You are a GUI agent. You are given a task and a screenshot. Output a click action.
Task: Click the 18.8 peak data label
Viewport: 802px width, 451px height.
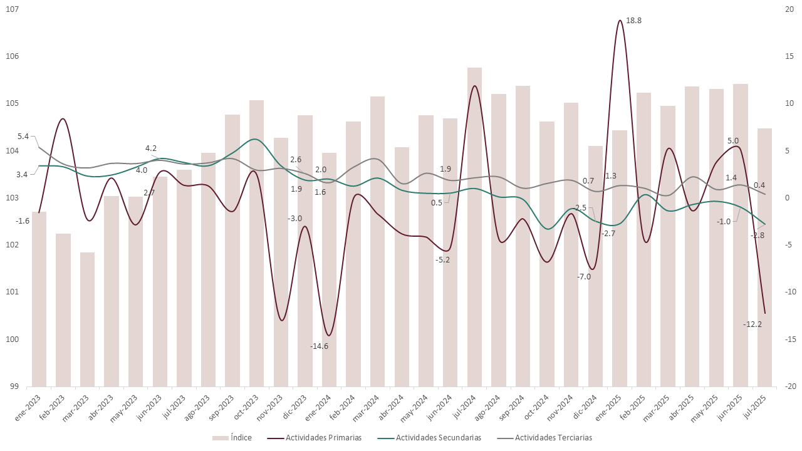tap(634, 21)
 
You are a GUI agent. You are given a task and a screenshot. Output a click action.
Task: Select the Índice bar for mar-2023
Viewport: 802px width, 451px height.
tap(88, 319)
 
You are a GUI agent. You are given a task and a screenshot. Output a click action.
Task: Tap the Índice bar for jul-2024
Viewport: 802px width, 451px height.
tap(474, 225)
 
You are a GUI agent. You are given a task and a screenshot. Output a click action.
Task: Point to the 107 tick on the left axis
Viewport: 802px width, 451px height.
tap(13, 9)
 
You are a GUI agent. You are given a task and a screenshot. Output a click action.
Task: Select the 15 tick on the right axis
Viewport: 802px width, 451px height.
tap(789, 56)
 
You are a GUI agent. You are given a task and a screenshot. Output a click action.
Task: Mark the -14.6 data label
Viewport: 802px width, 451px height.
tap(319, 346)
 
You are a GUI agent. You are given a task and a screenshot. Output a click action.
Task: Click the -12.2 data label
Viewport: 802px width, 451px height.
tap(752, 324)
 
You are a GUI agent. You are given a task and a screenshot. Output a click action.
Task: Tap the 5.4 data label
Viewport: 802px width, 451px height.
tap(23, 137)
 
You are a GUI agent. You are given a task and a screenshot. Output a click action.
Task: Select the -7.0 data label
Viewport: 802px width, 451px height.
tap(583, 276)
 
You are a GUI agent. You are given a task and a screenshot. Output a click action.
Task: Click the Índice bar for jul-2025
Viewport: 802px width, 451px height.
tap(764, 257)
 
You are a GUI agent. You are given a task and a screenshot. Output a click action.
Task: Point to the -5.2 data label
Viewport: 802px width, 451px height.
tap(443, 259)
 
